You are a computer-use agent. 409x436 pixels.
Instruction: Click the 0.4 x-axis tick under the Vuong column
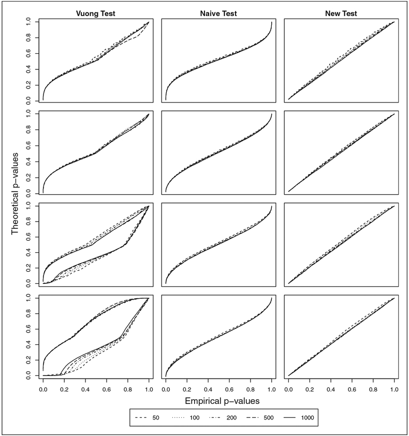[85, 387]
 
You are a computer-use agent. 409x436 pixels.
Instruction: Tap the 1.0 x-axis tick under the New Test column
[395, 387]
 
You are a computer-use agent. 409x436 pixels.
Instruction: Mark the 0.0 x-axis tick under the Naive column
[166, 387]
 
